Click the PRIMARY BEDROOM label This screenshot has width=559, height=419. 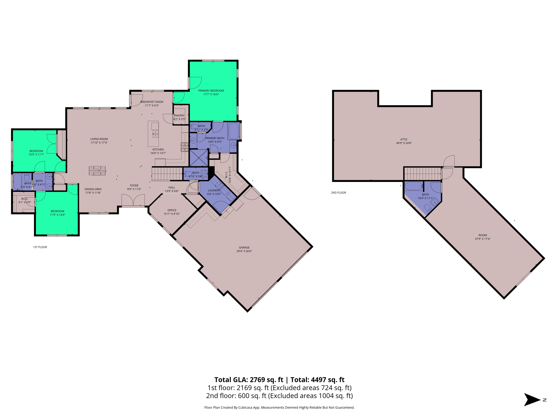click(211, 92)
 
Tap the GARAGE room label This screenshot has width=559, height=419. click(244, 249)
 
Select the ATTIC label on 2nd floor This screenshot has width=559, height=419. click(404, 141)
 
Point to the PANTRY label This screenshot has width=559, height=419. click(179, 117)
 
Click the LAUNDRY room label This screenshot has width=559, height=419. click(214, 192)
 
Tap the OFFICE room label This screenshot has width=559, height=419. click(172, 212)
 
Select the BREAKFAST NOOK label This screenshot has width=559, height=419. click(152, 103)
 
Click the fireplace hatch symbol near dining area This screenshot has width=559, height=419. click(97, 171)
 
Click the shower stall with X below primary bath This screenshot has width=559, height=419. click(198, 158)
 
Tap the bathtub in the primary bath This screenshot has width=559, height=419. click(233, 131)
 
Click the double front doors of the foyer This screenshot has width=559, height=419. click(133, 200)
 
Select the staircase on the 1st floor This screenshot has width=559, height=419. click(167, 174)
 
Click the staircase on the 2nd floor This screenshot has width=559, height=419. click(422, 174)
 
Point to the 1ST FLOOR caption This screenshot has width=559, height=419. click(40, 247)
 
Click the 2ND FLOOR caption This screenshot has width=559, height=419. click(338, 193)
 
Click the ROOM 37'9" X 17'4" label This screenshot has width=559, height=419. click(483, 237)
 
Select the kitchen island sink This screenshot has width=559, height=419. click(155, 134)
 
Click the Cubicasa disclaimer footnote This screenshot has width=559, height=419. click(279, 408)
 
